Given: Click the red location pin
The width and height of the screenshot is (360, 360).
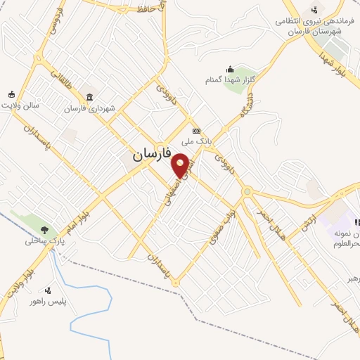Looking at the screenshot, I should point(181,165).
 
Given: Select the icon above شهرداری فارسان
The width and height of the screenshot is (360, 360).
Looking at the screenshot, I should point(89,96).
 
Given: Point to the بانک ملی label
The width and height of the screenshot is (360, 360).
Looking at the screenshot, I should point(197,142).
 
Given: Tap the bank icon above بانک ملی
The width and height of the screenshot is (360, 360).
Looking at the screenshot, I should point(196,131).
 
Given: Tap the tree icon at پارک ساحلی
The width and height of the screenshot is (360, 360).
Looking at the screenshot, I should point(44,229).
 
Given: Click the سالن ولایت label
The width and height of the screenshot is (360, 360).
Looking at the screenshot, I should point(20,105).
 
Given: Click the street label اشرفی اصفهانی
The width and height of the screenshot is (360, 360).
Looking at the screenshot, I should point(176,186).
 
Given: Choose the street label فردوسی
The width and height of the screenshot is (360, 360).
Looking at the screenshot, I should point(54,20).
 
